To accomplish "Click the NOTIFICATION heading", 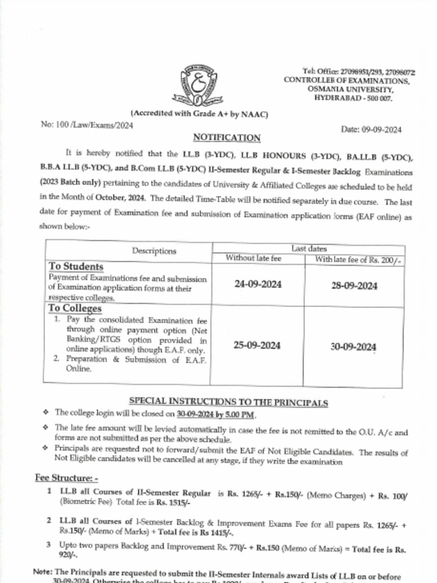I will tap(226, 138).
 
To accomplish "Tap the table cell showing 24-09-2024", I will tap(258, 285).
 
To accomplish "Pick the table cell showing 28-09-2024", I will tap(354, 286).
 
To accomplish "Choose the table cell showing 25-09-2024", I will tap(257, 346).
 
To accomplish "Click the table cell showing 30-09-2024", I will tap(353, 347).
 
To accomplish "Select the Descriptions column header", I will tap(154, 251).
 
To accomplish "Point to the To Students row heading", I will tap(76, 266).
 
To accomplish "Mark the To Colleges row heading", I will tap(75, 309).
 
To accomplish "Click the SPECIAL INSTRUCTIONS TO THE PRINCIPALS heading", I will tap(228, 402).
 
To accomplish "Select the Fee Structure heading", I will tap(67, 478).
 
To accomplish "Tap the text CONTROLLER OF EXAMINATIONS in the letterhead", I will tap(347, 81).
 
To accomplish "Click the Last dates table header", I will tap(309, 248).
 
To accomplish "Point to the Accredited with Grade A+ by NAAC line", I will tap(199, 114).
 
